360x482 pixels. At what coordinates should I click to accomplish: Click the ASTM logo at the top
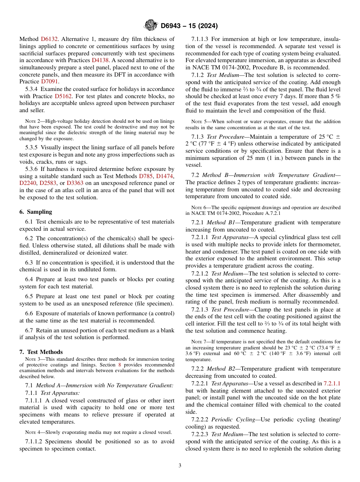point(151,26)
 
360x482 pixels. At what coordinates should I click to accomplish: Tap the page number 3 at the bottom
point(180,465)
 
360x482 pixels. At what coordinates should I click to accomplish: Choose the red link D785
point(146,176)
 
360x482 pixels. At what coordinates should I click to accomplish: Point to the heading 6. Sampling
point(36,212)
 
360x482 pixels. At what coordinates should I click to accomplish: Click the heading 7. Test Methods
point(41,352)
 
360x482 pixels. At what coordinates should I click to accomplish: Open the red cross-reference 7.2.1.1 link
point(332,384)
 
